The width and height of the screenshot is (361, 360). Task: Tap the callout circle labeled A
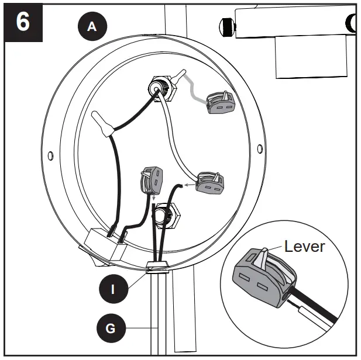91,26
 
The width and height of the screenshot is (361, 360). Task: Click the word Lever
304,246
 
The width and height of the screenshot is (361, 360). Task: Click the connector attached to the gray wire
220,102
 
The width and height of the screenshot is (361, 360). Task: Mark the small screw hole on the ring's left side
51,155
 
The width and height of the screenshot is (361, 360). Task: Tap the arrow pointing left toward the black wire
189,185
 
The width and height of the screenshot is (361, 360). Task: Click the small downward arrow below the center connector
153,199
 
